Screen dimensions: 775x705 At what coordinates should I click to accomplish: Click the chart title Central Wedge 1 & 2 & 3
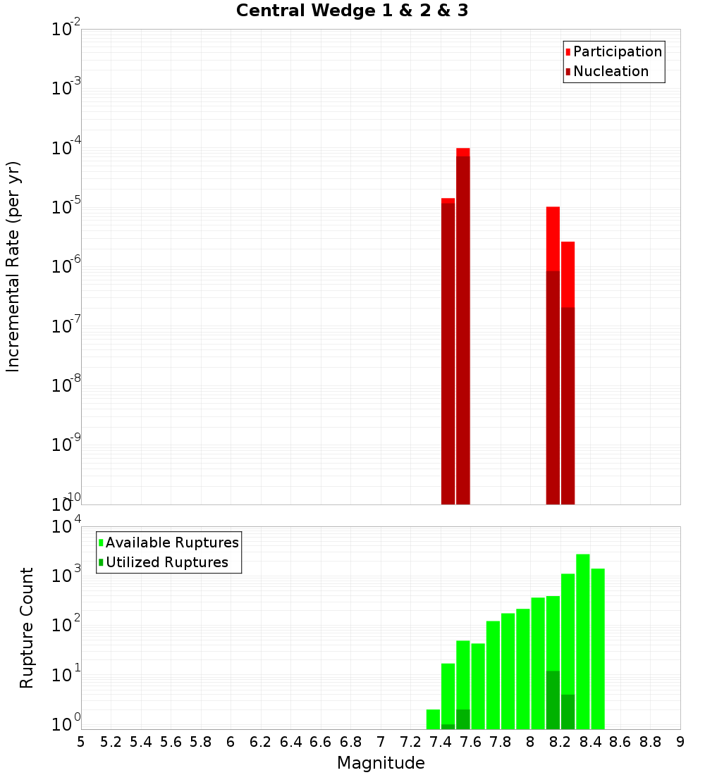coord(352,11)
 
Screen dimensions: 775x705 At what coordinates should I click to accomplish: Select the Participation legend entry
coord(617,52)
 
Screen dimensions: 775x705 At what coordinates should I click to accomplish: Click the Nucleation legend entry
coord(610,72)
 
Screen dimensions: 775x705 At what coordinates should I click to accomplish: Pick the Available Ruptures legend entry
coord(171,543)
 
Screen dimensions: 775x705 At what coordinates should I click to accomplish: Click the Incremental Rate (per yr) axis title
coord(13,267)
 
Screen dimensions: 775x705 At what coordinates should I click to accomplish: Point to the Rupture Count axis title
coord(27,628)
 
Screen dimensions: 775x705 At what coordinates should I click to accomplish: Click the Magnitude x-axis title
coord(381,763)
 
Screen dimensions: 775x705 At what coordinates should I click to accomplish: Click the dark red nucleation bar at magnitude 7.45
coord(448,352)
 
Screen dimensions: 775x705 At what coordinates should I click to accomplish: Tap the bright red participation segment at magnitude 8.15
coord(553,239)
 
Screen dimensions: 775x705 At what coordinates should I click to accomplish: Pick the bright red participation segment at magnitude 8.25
coord(568,274)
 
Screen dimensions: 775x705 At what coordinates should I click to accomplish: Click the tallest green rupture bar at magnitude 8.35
coord(583,641)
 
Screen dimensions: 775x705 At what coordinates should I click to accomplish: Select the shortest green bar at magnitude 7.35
coord(433,719)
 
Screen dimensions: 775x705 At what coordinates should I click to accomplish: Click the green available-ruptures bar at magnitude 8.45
coord(598,648)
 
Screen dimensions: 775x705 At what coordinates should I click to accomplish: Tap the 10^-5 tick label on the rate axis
coord(65,207)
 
